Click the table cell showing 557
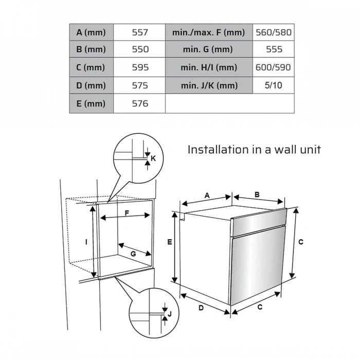pyautogui.click(x=140, y=32)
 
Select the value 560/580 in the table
pyautogui.click(x=274, y=32)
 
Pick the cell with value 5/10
pyautogui.click(x=274, y=85)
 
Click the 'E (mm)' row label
pyautogui.click(x=92, y=103)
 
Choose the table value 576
pyautogui.click(x=140, y=103)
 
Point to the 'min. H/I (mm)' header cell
pyautogui.click(x=209, y=67)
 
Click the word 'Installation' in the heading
pyautogui.click(x=218, y=150)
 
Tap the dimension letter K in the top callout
pyautogui.click(x=153, y=158)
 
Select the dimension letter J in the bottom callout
pyautogui.click(x=170, y=314)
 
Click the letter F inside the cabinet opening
pyautogui.click(x=127, y=213)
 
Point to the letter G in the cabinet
pyautogui.click(x=133, y=254)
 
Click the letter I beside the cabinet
pyautogui.click(x=86, y=242)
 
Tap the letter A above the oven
pyautogui.click(x=207, y=195)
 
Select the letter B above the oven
pyautogui.click(x=257, y=194)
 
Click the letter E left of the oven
pyautogui.click(x=170, y=242)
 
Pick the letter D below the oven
pyautogui.click(x=201, y=308)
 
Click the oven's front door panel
pyautogui.click(x=258, y=266)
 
